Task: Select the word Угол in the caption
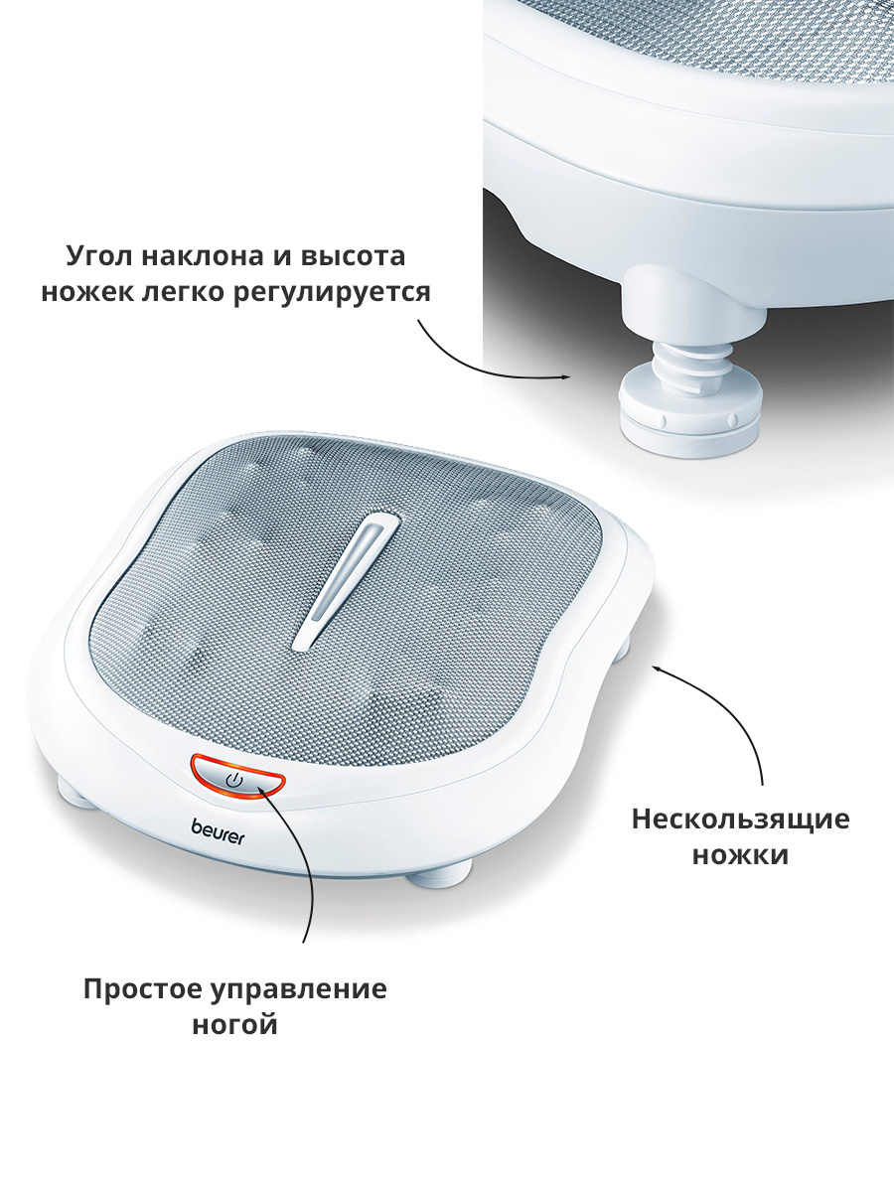pyautogui.click(x=99, y=256)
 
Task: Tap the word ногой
pyautogui.click(x=235, y=1026)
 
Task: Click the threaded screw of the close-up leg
pyautogui.click(x=691, y=363)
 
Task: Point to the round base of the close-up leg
pyautogui.click(x=690, y=418)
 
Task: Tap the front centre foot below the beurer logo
pyautogui.click(x=439, y=874)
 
